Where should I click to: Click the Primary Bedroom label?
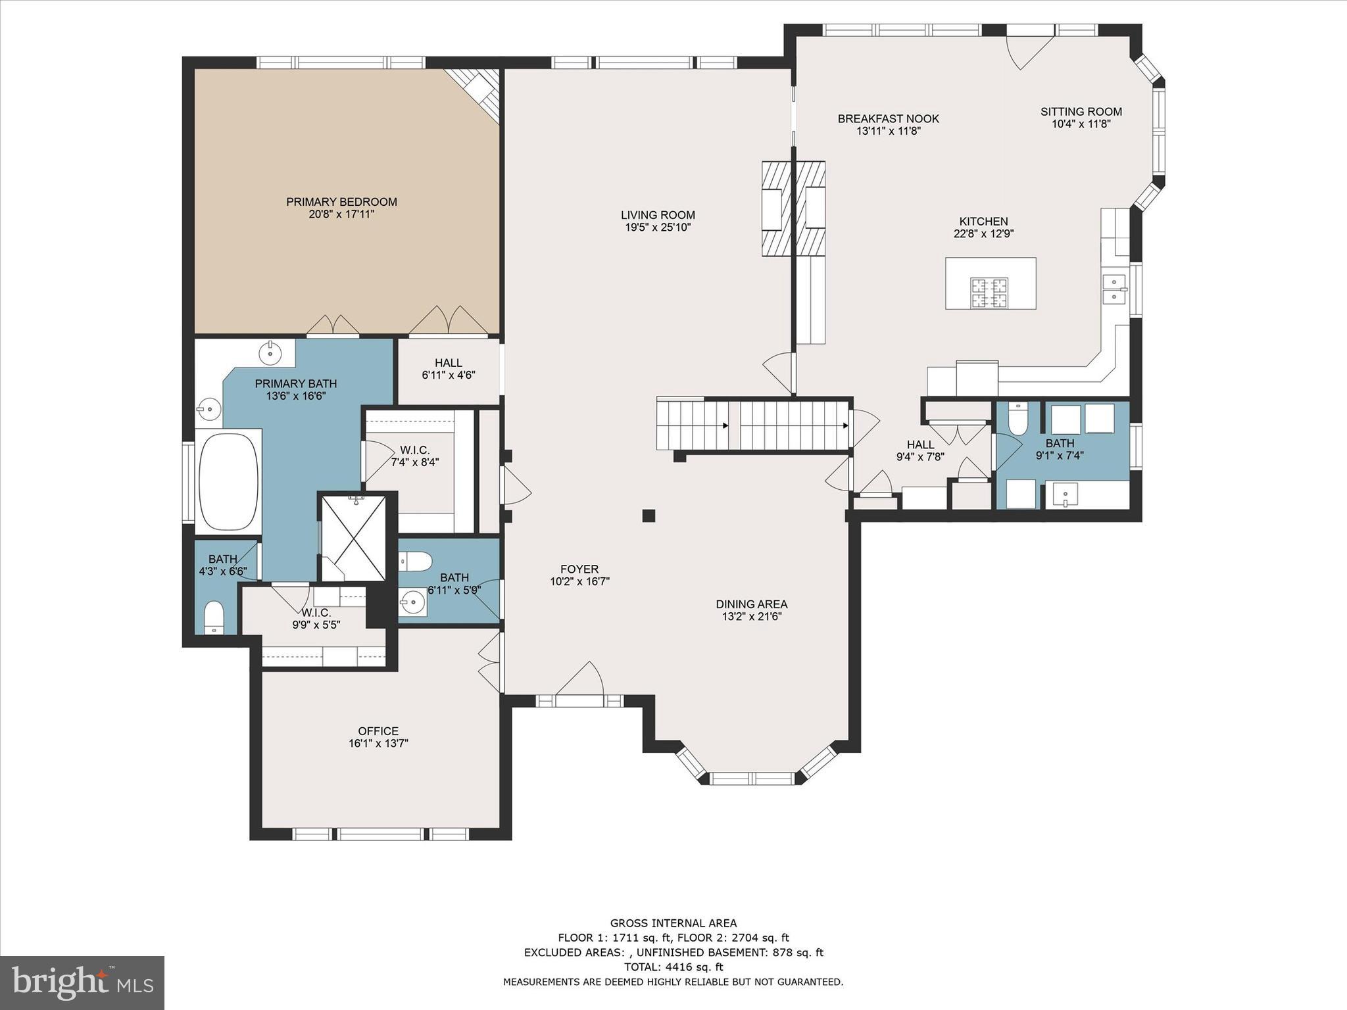pyautogui.click(x=341, y=202)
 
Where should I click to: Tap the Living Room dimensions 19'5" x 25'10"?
pyautogui.click(x=658, y=228)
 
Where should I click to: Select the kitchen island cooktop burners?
pyautogui.click(x=989, y=293)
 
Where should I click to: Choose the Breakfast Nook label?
pyautogui.click(x=888, y=119)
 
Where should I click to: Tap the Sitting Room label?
pyautogui.click(x=1081, y=112)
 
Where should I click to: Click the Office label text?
pyautogui.click(x=378, y=731)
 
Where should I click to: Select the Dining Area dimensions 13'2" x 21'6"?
pyautogui.click(x=751, y=616)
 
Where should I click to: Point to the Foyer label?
pyautogui.click(x=579, y=569)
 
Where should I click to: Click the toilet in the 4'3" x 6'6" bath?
pyautogui.click(x=214, y=617)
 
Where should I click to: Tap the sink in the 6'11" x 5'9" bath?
pyautogui.click(x=413, y=602)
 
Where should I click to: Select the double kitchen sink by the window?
pyautogui.click(x=1114, y=289)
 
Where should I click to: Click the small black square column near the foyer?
pyautogui.click(x=649, y=516)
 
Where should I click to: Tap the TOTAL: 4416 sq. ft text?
pyautogui.click(x=673, y=967)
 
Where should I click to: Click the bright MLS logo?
pyautogui.click(x=82, y=982)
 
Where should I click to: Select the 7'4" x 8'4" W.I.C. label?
pyautogui.click(x=414, y=456)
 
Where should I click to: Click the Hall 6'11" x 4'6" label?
pyautogui.click(x=448, y=369)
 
